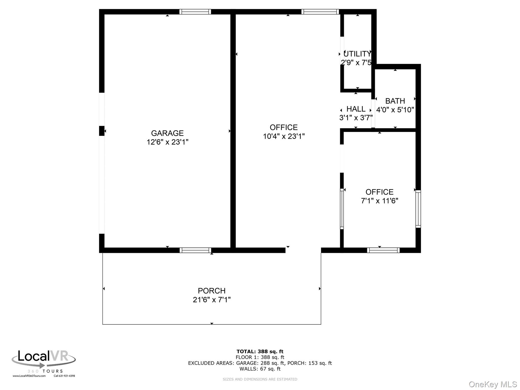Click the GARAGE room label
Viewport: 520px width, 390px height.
click(167, 133)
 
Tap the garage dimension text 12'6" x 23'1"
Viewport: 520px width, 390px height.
click(167, 142)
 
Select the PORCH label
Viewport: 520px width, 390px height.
click(212, 290)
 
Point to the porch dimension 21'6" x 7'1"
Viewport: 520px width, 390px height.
click(212, 300)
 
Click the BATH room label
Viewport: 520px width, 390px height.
click(395, 101)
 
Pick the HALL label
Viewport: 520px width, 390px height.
click(356, 109)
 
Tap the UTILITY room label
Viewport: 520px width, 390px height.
click(357, 54)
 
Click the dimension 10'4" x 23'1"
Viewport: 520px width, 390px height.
click(284, 136)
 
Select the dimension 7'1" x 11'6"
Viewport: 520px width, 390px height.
click(379, 201)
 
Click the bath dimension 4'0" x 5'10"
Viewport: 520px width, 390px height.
click(395, 110)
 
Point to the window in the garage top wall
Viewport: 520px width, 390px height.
click(195, 12)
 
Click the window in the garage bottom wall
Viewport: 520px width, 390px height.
click(195, 250)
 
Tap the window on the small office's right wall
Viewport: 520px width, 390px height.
click(418, 209)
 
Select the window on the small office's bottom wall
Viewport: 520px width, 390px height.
click(383, 250)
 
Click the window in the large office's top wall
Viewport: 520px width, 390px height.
click(320, 12)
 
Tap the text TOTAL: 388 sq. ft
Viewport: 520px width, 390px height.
click(260, 352)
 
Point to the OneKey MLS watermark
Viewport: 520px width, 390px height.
click(493, 384)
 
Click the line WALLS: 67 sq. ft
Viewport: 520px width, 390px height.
click(260, 369)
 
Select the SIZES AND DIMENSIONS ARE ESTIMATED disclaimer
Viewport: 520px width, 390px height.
click(260, 379)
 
